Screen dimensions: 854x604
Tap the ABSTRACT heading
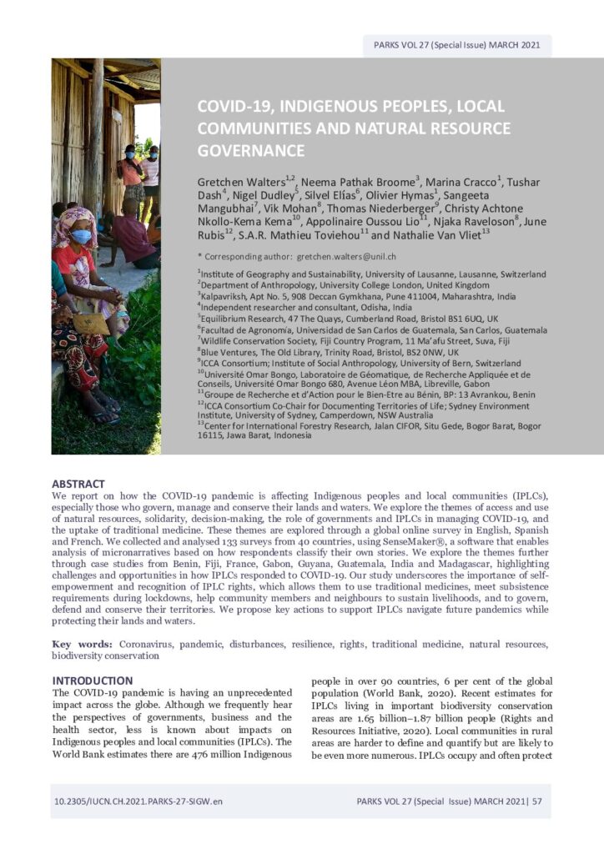tap(78, 484)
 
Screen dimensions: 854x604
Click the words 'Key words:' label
tap(82, 645)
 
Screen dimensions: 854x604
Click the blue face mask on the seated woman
tap(81, 236)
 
